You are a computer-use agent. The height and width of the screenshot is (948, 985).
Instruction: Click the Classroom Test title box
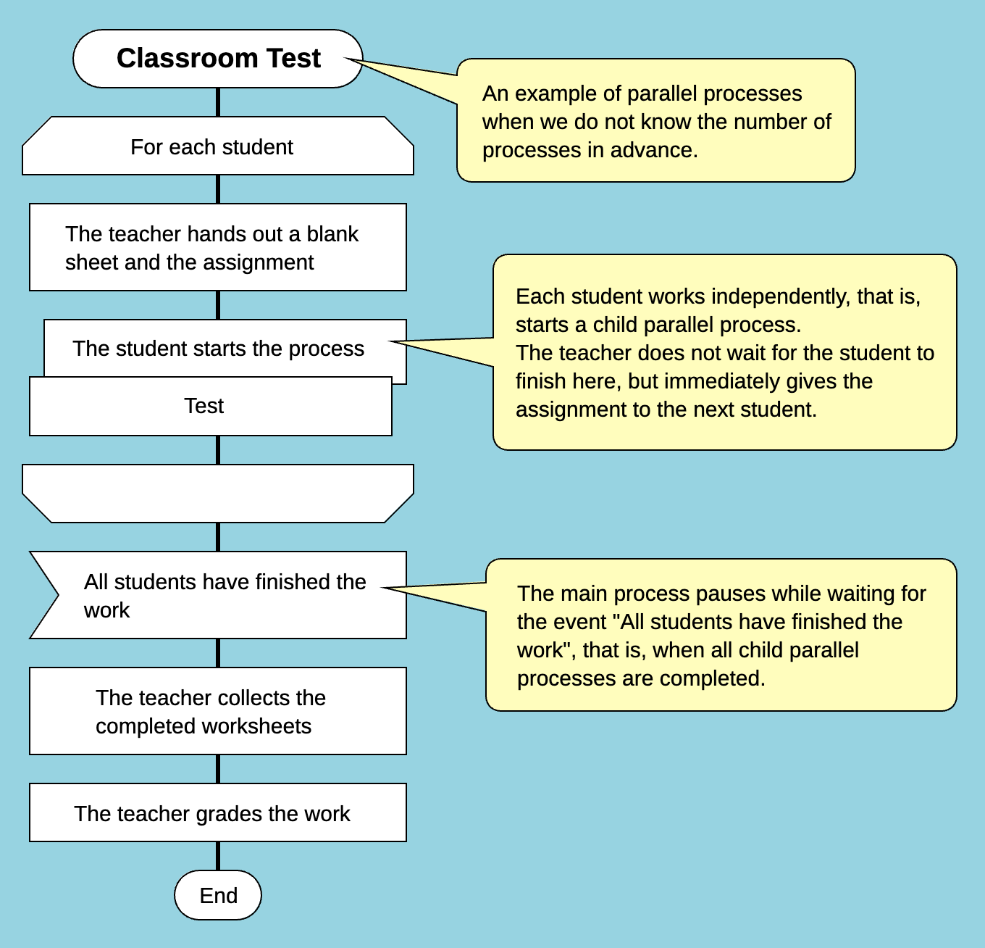pyautogui.click(x=217, y=59)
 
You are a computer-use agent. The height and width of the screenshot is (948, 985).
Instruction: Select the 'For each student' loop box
pyautogui.click(x=217, y=146)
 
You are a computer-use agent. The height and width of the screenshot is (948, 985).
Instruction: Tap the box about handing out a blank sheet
pyautogui.click(x=217, y=247)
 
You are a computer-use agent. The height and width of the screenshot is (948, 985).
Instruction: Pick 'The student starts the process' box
pyautogui.click(x=217, y=349)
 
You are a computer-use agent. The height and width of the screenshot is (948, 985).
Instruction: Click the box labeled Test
pyautogui.click(x=210, y=407)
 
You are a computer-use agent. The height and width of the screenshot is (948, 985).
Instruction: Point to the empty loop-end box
pyautogui.click(x=217, y=493)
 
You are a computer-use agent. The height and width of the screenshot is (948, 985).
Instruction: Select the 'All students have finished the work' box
pyautogui.click(x=225, y=595)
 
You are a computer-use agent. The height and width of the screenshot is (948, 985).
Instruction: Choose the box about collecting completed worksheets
pyautogui.click(x=217, y=711)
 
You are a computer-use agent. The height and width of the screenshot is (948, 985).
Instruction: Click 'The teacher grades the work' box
pyautogui.click(x=217, y=812)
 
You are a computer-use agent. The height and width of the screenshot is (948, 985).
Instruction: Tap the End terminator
pyautogui.click(x=218, y=895)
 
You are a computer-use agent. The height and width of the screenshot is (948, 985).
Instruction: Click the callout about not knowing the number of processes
pyautogui.click(x=655, y=120)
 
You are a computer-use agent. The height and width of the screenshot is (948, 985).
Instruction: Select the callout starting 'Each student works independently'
pyautogui.click(x=724, y=352)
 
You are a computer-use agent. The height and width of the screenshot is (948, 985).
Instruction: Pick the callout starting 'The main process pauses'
pyautogui.click(x=721, y=635)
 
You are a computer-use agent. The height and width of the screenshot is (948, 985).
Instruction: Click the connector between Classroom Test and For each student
pyautogui.click(x=218, y=102)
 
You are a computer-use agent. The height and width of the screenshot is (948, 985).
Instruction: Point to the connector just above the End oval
pyautogui.click(x=218, y=856)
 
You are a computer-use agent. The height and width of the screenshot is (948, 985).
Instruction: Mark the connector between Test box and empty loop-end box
pyautogui.click(x=218, y=450)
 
